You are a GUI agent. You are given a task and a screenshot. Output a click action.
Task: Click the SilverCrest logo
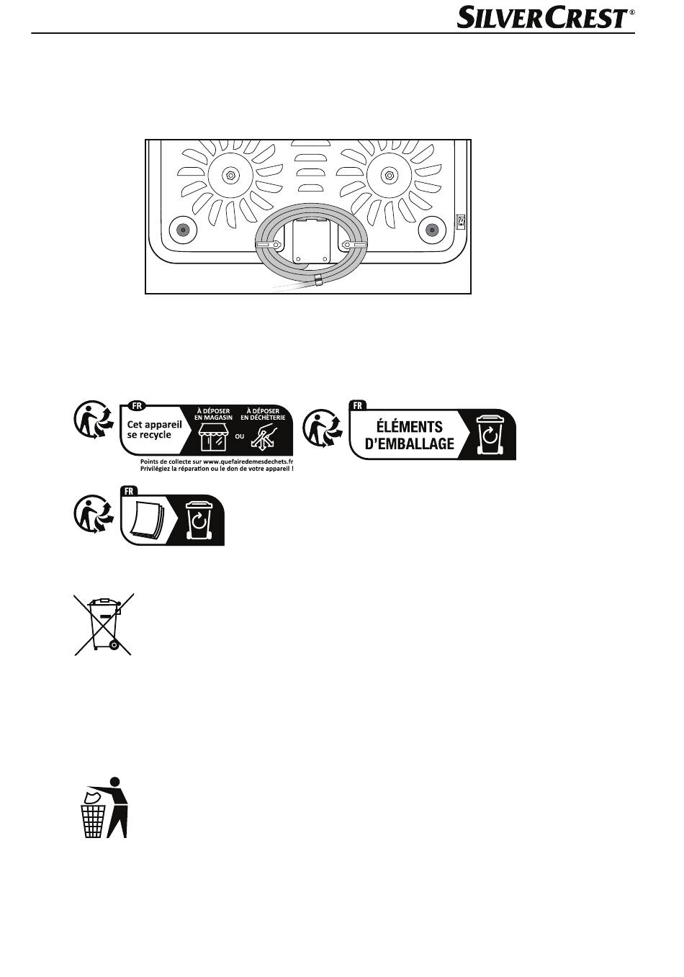[x=546, y=18]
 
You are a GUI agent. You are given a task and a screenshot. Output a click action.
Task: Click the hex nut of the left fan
[x=230, y=176]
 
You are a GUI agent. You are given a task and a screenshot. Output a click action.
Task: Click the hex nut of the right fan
[x=389, y=176]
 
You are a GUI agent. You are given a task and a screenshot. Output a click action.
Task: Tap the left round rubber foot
[x=183, y=230]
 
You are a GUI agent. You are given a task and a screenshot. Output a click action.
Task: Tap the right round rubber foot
[x=432, y=230]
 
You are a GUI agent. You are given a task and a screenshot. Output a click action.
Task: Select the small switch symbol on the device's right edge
[x=461, y=222]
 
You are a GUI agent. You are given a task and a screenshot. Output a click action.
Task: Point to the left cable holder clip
[x=268, y=246]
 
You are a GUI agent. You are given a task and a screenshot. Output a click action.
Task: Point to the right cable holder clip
[x=355, y=245]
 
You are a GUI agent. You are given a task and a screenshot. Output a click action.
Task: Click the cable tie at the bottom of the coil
[x=318, y=281]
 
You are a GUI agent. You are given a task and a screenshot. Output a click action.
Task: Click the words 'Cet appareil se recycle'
[x=154, y=430]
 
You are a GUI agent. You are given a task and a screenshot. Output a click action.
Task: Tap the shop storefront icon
[x=213, y=437]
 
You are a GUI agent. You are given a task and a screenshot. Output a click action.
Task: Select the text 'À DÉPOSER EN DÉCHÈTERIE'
[x=263, y=415]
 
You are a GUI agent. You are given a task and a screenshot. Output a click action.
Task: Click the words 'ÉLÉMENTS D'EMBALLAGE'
[x=409, y=435]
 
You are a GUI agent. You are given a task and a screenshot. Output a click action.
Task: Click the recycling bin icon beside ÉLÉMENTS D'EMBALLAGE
[x=490, y=435]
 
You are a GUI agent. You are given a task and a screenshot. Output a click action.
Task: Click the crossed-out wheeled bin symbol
[x=104, y=624]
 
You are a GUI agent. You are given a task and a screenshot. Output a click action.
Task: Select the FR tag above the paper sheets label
[x=129, y=491]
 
